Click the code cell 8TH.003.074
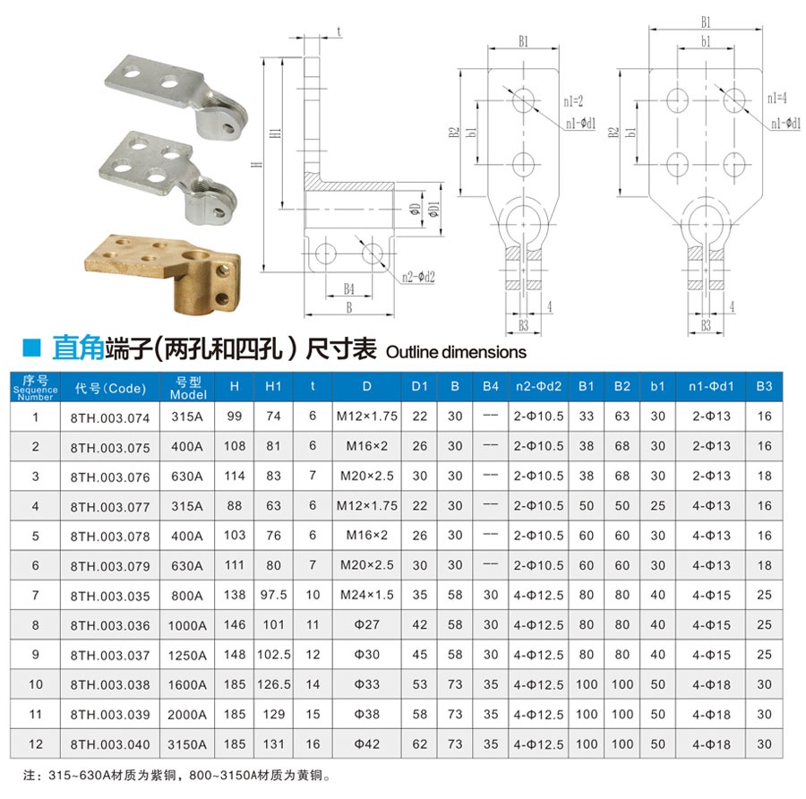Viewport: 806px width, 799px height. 110,418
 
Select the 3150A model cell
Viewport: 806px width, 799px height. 187,744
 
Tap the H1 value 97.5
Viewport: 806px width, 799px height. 273,595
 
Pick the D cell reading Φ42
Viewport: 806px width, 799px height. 366,744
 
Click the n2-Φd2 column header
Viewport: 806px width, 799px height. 538,386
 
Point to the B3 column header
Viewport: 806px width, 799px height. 764,386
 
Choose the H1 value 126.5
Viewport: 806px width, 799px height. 273,684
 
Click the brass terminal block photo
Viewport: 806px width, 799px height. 162,273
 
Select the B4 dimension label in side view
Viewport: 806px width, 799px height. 349,289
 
